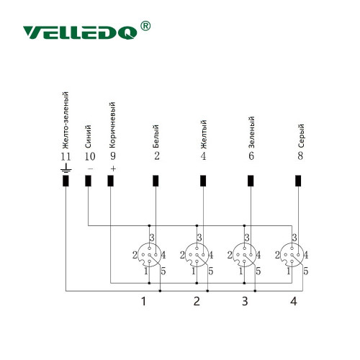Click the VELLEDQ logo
click(x=80, y=32)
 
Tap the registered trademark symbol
click(x=145, y=26)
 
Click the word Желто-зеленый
click(x=65, y=120)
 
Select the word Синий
click(x=88, y=136)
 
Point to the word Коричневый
click(x=112, y=125)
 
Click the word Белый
click(x=156, y=136)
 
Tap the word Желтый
click(x=203, y=135)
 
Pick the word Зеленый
click(x=251, y=132)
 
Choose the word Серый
click(x=301, y=135)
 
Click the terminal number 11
click(x=66, y=156)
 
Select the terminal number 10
click(x=90, y=156)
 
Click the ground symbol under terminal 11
click(x=66, y=168)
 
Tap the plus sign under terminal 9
click(x=113, y=169)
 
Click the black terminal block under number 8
click(x=298, y=181)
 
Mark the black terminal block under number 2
click(x=156, y=181)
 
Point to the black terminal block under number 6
click(x=251, y=181)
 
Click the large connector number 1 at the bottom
click(x=143, y=301)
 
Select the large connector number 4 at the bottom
click(x=294, y=301)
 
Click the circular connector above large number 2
click(x=197, y=255)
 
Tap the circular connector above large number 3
click(x=244, y=255)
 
